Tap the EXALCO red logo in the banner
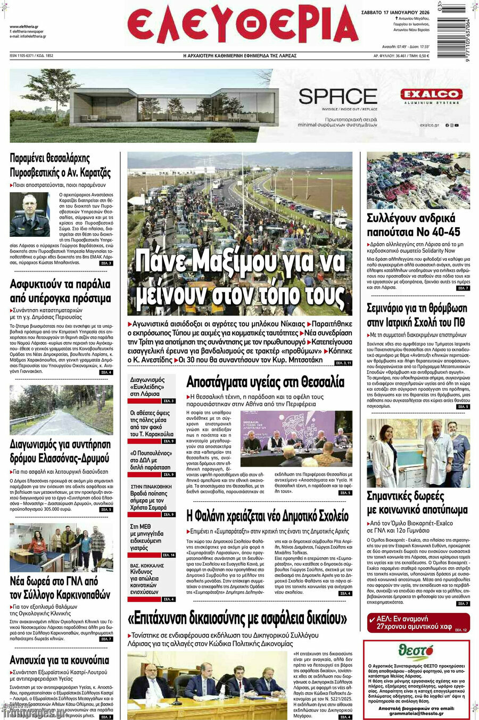click(x=431, y=95)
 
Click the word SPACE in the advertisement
click(x=338, y=96)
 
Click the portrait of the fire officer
click(x=30, y=214)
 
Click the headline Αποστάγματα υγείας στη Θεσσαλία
click(x=265, y=382)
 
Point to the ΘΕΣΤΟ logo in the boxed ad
click(x=417, y=652)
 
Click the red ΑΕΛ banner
click(x=418, y=623)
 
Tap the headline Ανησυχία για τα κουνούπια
click(x=59, y=660)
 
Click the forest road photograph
click(x=61, y=410)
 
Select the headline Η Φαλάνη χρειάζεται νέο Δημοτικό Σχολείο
click(x=267, y=516)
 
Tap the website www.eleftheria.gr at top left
click(x=24, y=27)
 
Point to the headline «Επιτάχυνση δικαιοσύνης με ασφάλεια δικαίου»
click(x=237, y=618)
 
